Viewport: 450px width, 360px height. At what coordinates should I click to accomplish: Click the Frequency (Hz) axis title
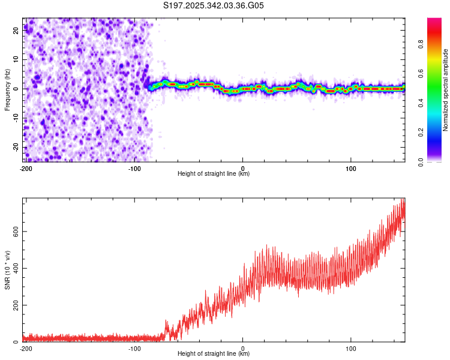coord(8,89)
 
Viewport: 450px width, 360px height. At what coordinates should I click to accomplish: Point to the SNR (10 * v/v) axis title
coord(8,270)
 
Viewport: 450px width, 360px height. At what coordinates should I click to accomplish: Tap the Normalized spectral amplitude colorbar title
coord(445,90)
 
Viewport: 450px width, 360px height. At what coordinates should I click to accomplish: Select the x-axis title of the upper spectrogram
coord(214,174)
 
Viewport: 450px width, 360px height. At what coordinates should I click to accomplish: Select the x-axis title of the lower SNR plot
coord(214,354)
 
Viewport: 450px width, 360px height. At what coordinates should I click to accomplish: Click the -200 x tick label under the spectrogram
coord(25,168)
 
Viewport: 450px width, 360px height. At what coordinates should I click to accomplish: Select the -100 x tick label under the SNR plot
coord(134,348)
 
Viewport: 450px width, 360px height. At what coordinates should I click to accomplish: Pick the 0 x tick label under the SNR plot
coord(242,348)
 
